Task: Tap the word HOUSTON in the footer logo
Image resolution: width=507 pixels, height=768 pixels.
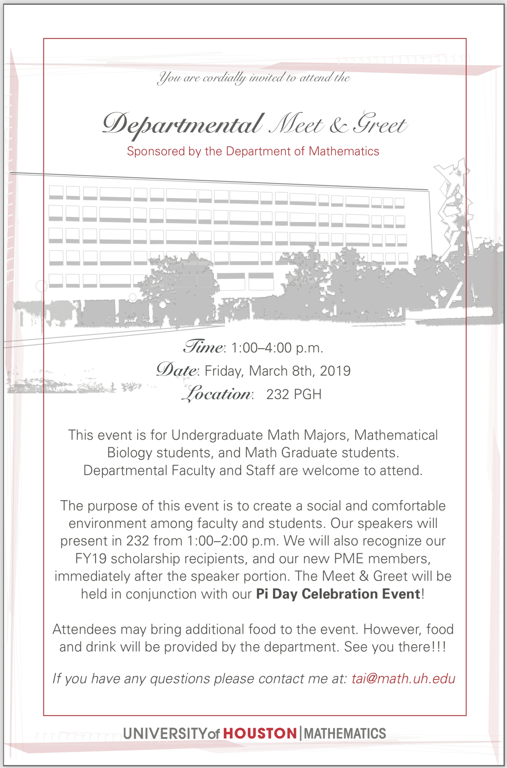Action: tap(260, 733)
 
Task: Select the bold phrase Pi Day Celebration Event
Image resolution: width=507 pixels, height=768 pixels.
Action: tap(338, 594)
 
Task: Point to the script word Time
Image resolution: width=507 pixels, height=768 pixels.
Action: tap(203, 347)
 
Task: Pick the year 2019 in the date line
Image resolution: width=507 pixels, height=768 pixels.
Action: tap(335, 371)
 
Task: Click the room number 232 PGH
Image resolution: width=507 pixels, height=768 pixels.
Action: tap(294, 395)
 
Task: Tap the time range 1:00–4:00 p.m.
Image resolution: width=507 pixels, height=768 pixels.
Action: tap(277, 348)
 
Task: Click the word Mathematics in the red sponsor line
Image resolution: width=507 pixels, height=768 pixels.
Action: tap(344, 151)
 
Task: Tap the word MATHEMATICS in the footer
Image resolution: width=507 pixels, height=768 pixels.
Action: tap(345, 733)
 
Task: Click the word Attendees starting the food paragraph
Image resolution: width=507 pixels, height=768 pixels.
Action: tap(84, 629)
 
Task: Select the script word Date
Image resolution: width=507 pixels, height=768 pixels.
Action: tap(177, 370)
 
